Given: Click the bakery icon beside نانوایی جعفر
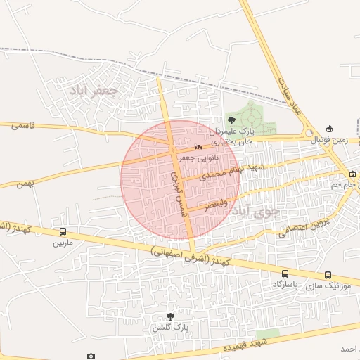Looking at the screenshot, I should [x=198, y=148].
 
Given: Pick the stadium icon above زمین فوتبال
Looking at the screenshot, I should [x=330, y=129].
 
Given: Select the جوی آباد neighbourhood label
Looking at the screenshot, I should [x=255, y=210].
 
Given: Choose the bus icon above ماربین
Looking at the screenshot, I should [x=63, y=232].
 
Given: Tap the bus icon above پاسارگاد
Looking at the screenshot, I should [x=285, y=274].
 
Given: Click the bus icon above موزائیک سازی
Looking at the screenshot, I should [x=328, y=276].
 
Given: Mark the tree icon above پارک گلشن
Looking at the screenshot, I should [x=170, y=317].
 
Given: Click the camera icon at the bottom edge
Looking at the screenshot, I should [x=90, y=356].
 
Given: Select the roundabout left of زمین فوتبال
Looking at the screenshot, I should [x=308, y=132].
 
